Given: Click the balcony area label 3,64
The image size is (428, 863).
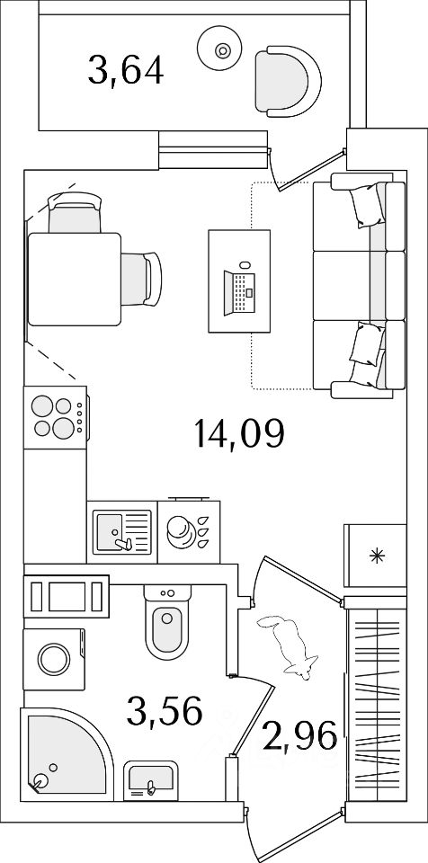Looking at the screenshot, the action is point(126,71).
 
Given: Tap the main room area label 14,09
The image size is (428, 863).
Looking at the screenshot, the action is point(238,433).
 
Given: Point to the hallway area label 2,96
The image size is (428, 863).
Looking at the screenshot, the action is point(299,737).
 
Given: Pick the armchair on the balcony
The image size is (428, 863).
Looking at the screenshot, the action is point(288,82).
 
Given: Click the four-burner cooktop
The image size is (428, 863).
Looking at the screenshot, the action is point(56,418).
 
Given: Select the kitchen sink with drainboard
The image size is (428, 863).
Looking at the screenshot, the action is point(121,531).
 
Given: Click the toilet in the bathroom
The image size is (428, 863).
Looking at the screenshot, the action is point(167,622).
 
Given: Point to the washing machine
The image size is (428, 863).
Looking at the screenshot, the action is point(54,659).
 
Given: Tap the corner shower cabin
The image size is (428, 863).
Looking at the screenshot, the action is point(65,754).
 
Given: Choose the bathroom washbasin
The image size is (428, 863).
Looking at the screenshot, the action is point(150,781).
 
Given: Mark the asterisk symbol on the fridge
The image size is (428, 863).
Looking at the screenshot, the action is point(377,556).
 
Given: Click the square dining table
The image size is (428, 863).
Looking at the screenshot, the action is point(75,279).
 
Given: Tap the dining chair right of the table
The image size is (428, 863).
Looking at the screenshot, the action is point(141,279).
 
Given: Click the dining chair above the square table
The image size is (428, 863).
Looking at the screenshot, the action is point(75,212).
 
